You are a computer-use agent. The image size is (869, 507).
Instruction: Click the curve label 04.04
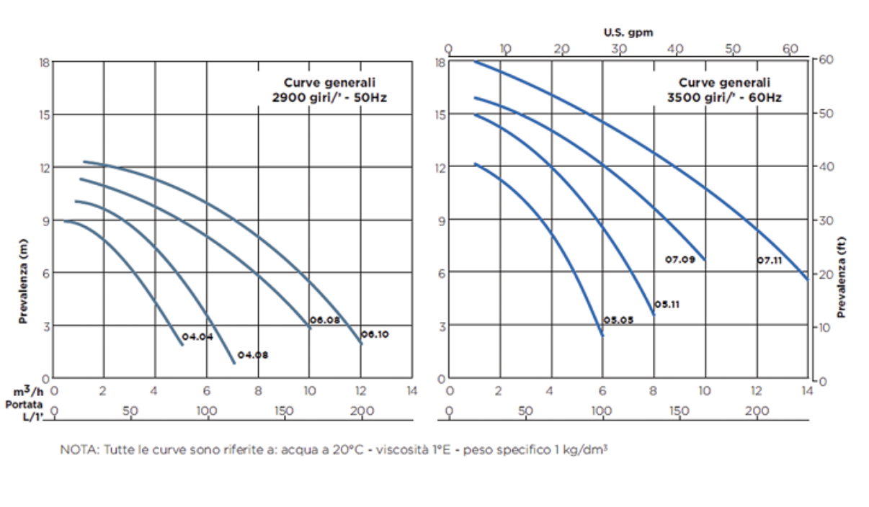(197, 337)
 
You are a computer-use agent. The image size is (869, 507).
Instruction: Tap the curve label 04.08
(252, 355)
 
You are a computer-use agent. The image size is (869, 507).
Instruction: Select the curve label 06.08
(324, 320)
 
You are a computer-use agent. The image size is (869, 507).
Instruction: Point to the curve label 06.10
(375, 334)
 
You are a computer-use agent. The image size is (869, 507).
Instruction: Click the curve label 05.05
(618, 320)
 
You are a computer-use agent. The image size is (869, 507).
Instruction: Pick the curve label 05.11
(667, 305)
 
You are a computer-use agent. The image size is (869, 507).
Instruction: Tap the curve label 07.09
(680, 259)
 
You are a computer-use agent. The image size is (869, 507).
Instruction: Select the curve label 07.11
(770, 260)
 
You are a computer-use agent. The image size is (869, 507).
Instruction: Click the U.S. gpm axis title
(628, 32)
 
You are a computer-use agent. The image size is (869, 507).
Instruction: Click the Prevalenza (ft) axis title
(841, 278)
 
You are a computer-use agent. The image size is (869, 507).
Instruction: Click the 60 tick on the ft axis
(826, 59)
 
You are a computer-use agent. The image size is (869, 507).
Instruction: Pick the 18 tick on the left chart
(45, 62)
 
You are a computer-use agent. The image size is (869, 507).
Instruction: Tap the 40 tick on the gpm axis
(675, 48)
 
